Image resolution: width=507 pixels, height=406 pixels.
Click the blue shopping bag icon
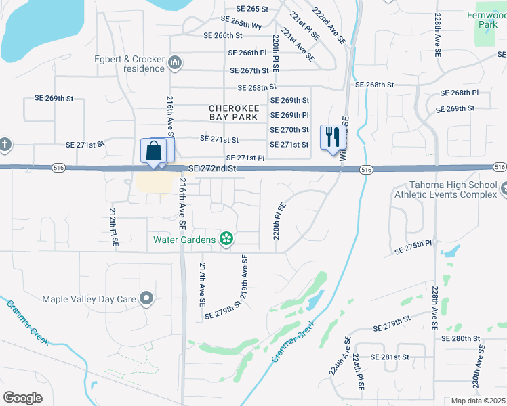pyautogui.click(x=153, y=151)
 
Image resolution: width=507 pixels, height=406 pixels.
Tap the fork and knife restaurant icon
pyautogui.click(x=332, y=138)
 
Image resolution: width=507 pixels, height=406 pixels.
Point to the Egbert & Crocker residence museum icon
pyautogui.click(x=176, y=64)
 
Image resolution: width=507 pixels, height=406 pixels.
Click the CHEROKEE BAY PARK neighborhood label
pyautogui.click(x=233, y=112)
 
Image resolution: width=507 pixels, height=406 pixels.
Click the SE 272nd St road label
pyautogui.click(x=212, y=168)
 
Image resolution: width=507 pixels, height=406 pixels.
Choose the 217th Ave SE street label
pyautogui.click(x=202, y=283)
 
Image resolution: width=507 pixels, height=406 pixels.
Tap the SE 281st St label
pyautogui.click(x=390, y=357)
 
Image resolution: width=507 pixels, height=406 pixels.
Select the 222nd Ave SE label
pyautogui.click(x=329, y=25)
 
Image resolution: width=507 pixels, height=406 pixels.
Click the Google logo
pyautogui.click(x=22, y=398)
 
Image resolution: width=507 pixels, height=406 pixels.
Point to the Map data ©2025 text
pyautogui.click(x=478, y=401)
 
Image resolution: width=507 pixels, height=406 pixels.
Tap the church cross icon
pyautogui.click(x=5, y=144)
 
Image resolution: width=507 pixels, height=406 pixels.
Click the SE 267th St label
pyautogui.click(x=249, y=70)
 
